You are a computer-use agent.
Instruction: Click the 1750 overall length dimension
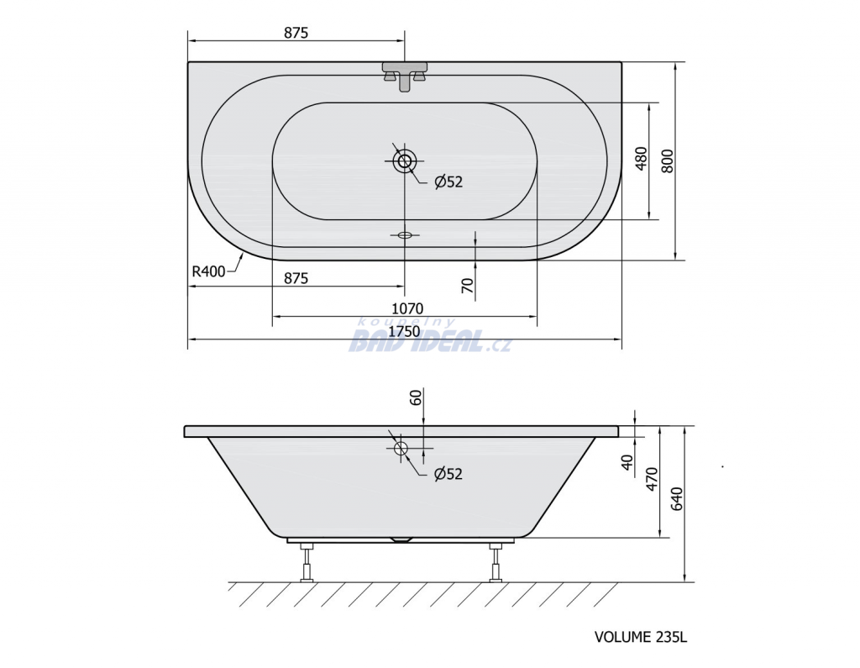[x=404, y=332]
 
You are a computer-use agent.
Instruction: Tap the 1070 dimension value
[x=407, y=308]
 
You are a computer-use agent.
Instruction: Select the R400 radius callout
[x=208, y=271]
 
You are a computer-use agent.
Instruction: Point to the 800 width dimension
[x=667, y=160]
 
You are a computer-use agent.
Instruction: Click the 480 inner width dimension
[x=641, y=159]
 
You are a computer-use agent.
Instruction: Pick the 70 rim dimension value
[x=467, y=286]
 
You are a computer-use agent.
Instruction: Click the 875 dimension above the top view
[x=296, y=33]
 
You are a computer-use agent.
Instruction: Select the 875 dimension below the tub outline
[x=296, y=278]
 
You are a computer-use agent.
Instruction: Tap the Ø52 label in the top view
[x=448, y=181]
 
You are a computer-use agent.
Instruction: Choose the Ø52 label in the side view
[x=448, y=474]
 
